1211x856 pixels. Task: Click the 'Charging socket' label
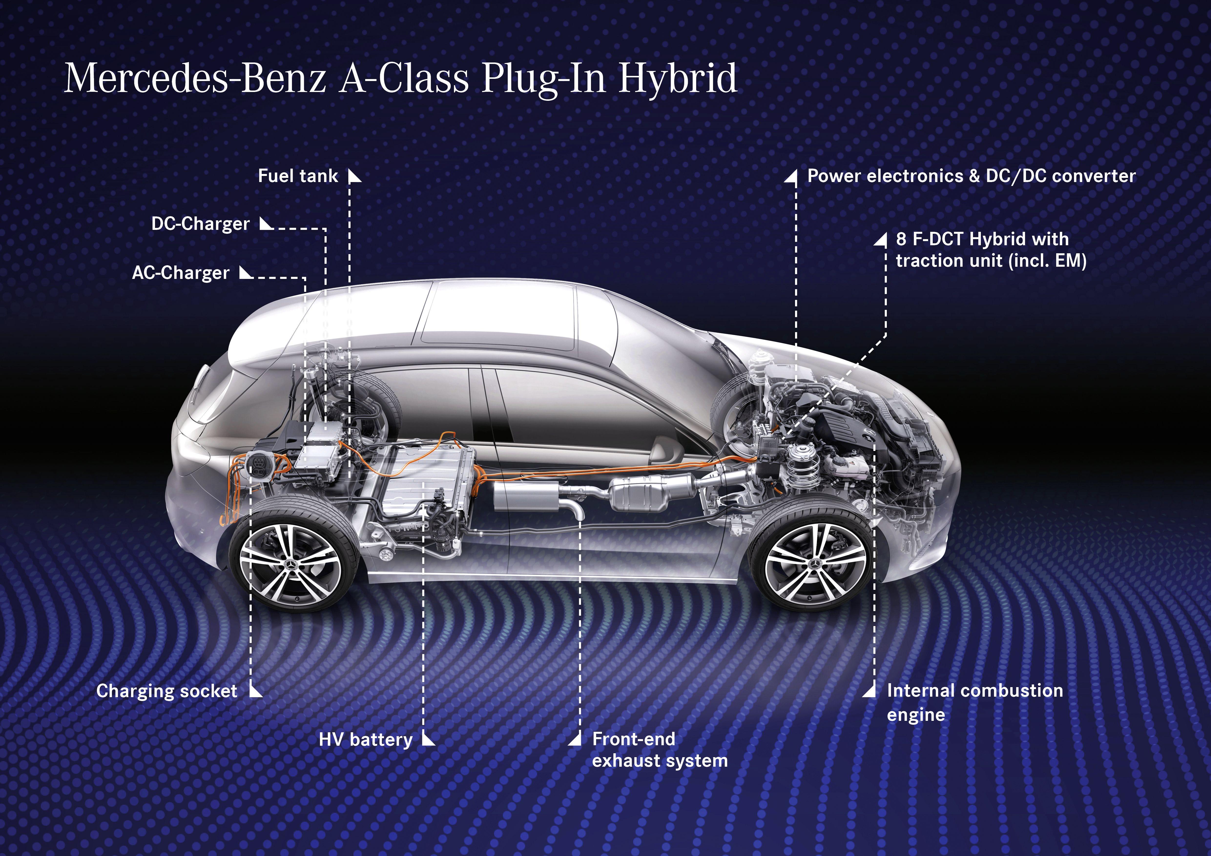167,691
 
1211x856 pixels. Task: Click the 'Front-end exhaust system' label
660,750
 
